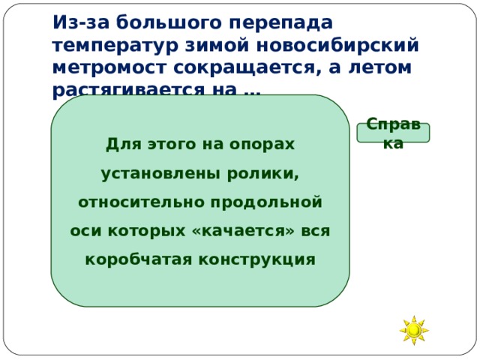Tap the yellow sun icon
tap(413, 330)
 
